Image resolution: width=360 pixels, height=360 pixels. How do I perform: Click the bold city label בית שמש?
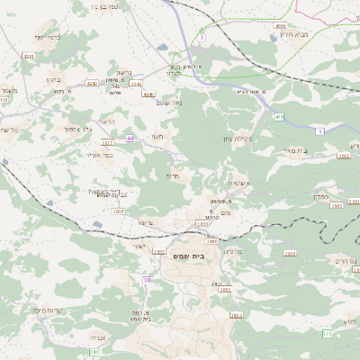(x=186, y=256)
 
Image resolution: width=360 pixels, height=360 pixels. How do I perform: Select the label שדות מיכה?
(x=45, y=310)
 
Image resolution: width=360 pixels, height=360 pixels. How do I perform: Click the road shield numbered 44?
(x=130, y=138)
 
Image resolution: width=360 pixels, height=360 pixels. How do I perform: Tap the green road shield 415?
(x=280, y=116)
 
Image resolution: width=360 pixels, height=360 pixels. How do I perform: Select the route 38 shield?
(x=146, y=280)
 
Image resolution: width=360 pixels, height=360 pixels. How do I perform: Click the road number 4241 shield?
(x=29, y=56)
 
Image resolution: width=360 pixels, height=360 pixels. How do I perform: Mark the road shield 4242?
(x=91, y=82)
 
